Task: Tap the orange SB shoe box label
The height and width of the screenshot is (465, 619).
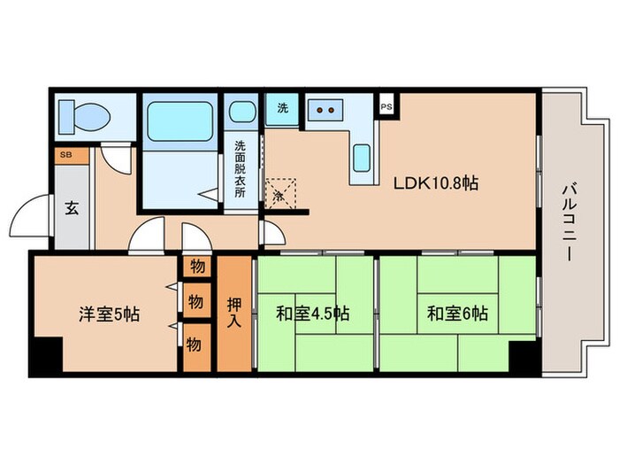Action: tap(65, 156)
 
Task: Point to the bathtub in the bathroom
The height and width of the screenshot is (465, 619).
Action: tap(180, 121)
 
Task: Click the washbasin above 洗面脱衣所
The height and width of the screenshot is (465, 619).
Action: tap(240, 113)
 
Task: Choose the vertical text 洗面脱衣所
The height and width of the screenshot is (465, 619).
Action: tap(240, 169)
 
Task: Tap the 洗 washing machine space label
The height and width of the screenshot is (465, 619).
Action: tap(282, 108)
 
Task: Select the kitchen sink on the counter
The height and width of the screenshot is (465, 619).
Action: tap(363, 159)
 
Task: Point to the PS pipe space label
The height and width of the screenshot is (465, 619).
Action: tap(386, 106)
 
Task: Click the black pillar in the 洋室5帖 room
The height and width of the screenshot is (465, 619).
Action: tap(45, 356)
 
